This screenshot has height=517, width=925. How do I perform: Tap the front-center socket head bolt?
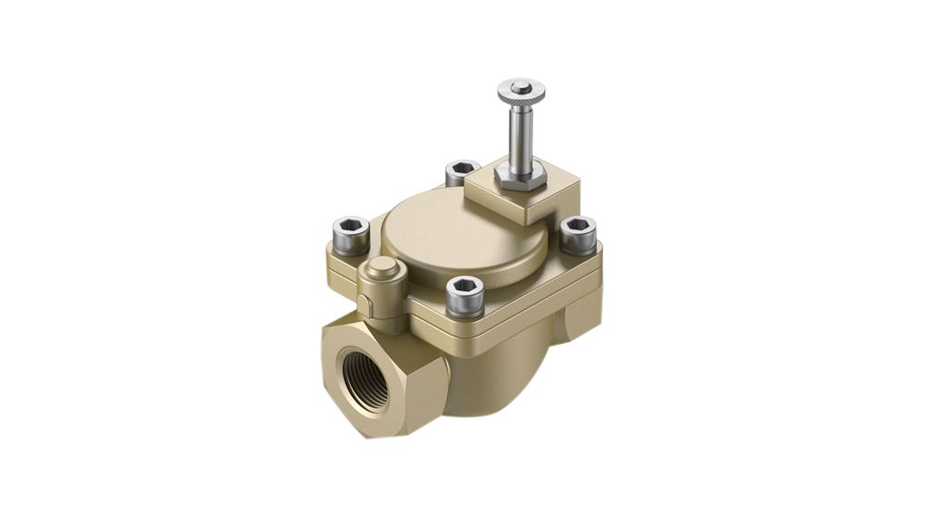coord(464,297)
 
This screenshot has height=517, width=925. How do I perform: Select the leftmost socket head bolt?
coord(351,236)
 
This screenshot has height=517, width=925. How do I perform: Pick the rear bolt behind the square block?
coord(462,171)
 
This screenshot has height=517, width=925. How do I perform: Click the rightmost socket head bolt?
coord(578,235)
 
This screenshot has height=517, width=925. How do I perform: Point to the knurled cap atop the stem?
coord(521,92)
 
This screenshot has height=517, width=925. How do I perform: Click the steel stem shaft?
coord(521,141)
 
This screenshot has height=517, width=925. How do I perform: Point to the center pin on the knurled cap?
coord(520,87)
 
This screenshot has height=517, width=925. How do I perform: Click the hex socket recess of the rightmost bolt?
coord(578,224)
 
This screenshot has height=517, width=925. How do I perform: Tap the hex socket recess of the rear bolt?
coord(462,167)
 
